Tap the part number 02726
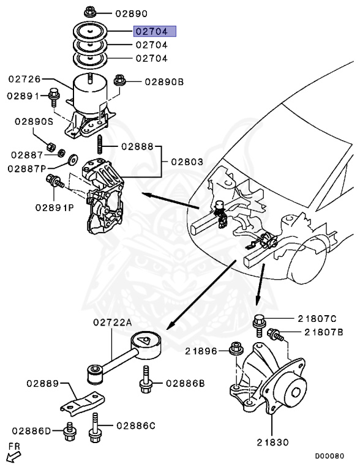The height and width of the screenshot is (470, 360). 24,79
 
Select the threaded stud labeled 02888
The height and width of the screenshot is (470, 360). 98,147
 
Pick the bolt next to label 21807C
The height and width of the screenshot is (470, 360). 258,321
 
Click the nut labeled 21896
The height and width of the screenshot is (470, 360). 235,351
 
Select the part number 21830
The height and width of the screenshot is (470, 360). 274,441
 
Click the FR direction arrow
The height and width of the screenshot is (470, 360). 12,455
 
